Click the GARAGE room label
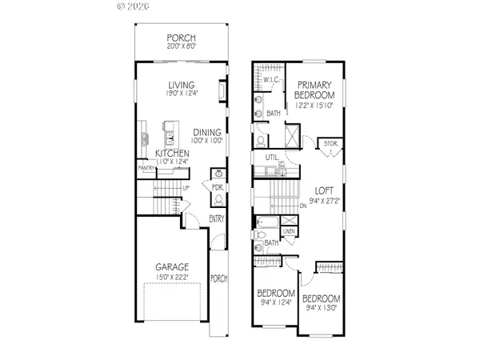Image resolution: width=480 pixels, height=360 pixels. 172,266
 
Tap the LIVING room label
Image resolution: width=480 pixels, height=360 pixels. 182,85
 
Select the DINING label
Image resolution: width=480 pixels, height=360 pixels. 206,133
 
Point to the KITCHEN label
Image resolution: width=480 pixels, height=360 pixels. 172,153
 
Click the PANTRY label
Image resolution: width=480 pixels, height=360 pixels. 146,168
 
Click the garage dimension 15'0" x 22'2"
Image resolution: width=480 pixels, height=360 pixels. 172,276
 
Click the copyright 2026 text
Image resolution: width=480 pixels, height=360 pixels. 133,8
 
